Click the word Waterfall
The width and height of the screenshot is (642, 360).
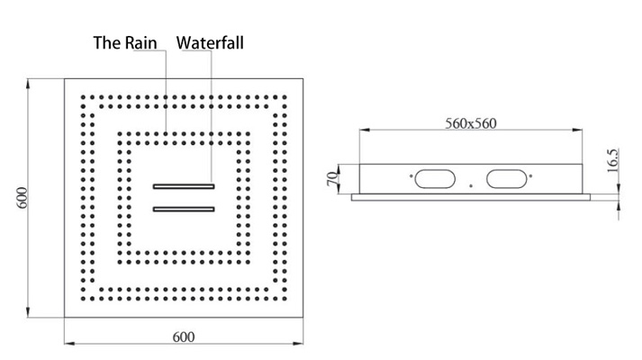[x=210, y=43]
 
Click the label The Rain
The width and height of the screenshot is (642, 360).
[x=125, y=43]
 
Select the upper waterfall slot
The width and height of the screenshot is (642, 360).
[x=184, y=186]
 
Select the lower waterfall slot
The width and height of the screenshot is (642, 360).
[x=184, y=210]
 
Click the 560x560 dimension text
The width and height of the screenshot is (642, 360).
[x=471, y=123]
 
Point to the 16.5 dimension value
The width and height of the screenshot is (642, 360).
[x=612, y=160]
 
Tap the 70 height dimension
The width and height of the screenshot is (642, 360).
[x=332, y=178]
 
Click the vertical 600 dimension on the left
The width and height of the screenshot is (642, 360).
[x=22, y=198]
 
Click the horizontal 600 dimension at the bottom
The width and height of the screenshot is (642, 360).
[x=184, y=337]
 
